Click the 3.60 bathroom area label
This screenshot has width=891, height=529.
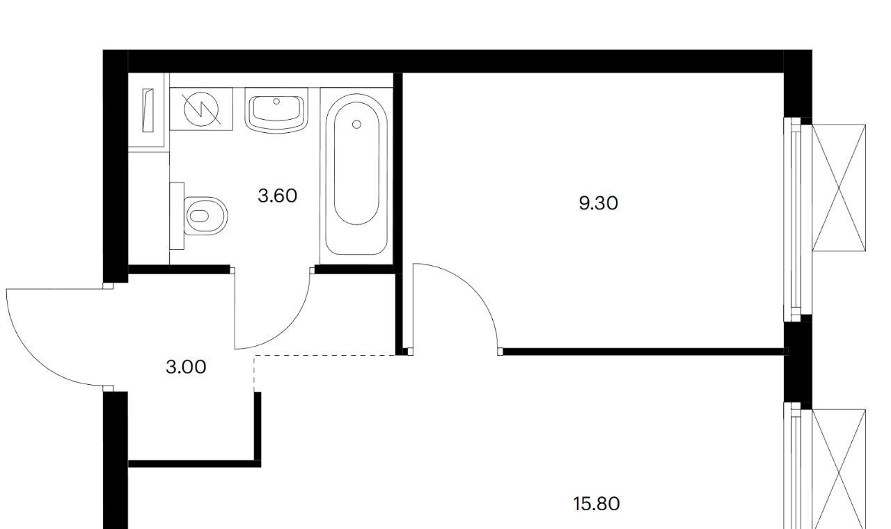277,196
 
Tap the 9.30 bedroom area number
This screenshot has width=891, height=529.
598,203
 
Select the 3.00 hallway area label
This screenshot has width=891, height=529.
186,367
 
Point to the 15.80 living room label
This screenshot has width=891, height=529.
597,504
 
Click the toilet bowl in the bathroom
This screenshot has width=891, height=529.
205,216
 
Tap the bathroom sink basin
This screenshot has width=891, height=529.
276,110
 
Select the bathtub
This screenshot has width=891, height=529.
356,174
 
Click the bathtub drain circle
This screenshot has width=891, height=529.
357,125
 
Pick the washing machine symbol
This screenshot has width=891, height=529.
201,109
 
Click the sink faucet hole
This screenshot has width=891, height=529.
276,102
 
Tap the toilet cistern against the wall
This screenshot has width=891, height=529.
177,216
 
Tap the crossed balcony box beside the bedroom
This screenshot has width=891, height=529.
839,188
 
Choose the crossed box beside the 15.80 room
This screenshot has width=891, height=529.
839,469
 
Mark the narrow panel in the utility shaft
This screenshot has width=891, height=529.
148,110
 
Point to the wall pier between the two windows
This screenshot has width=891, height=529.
798,362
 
